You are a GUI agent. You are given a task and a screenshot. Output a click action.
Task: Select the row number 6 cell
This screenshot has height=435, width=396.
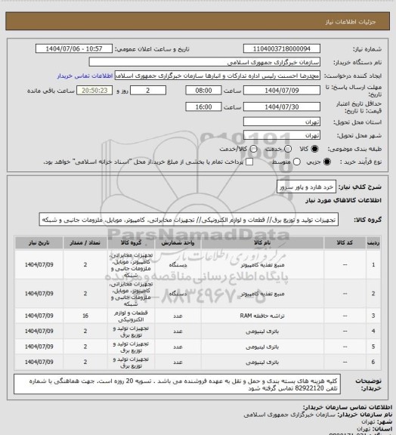[x=376, y=363]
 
